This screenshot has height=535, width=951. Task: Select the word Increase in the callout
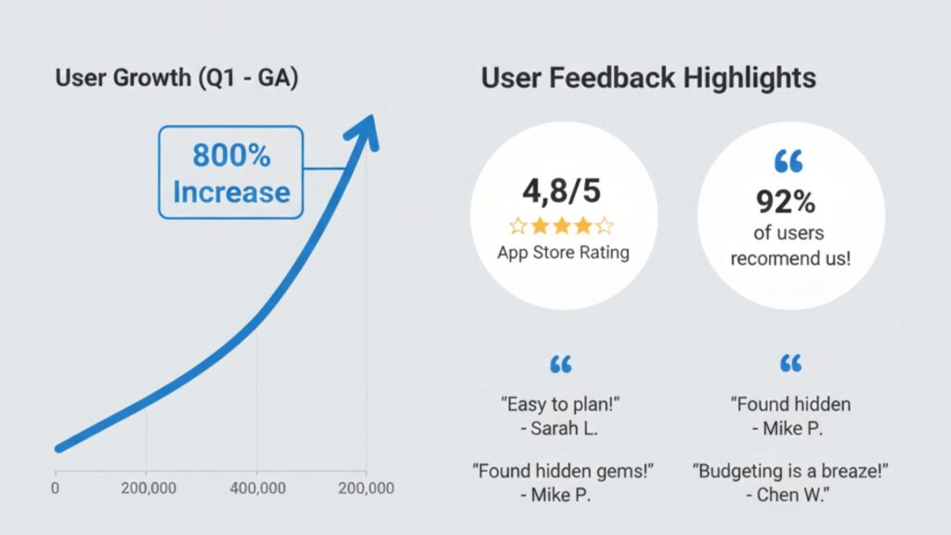231,192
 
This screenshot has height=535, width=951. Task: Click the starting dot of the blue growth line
59,448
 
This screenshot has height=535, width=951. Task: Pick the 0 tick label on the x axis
57,488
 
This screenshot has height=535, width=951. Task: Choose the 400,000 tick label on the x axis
256,488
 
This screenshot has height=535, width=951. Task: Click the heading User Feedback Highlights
648,78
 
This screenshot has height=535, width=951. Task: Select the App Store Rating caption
564,252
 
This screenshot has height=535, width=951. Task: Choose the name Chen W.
789,494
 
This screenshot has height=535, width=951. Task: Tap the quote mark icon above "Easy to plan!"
561,363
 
